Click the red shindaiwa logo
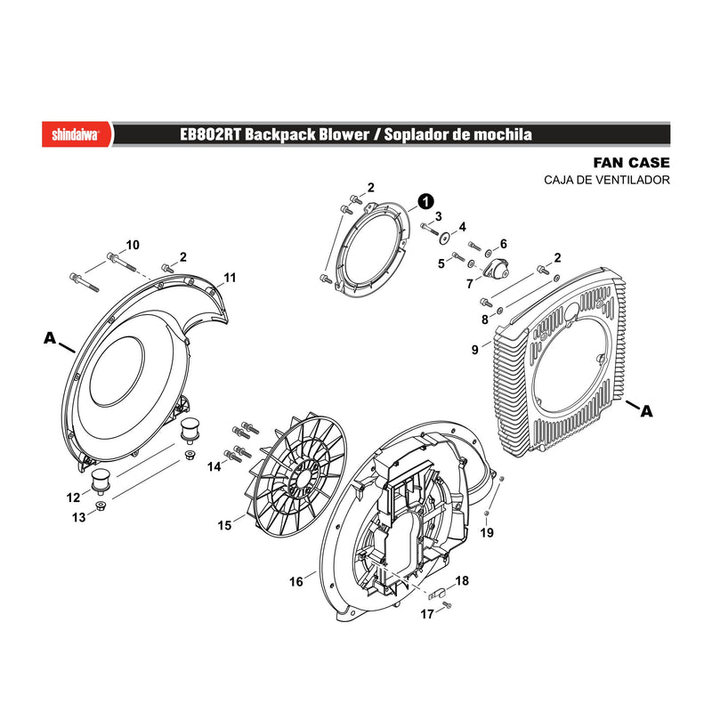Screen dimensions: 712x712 77,134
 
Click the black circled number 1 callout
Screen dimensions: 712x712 425,202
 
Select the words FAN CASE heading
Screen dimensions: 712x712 631,163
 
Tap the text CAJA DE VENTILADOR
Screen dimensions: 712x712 607,180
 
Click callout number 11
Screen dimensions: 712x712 231,278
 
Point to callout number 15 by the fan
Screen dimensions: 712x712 224,525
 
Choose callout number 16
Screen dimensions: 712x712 296,582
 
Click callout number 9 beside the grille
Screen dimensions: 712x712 475,350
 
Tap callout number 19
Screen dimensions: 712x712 487,532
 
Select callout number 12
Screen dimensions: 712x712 73,498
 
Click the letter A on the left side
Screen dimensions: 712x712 50,338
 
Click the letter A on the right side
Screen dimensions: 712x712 647,411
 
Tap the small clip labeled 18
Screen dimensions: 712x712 438,593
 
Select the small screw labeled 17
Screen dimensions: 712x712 448,605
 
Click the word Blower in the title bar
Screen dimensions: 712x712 344,135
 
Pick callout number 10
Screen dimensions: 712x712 133,246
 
